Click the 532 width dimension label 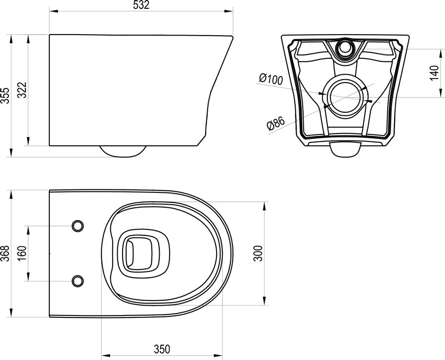click(x=141, y=5)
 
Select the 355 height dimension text click(x=5, y=95)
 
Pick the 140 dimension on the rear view click(x=434, y=73)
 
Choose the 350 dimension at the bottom click(x=162, y=349)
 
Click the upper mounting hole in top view click(x=78, y=226)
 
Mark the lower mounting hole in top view click(x=78, y=281)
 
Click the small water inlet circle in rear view click(x=345, y=47)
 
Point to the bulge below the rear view click(x=345, y=149)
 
